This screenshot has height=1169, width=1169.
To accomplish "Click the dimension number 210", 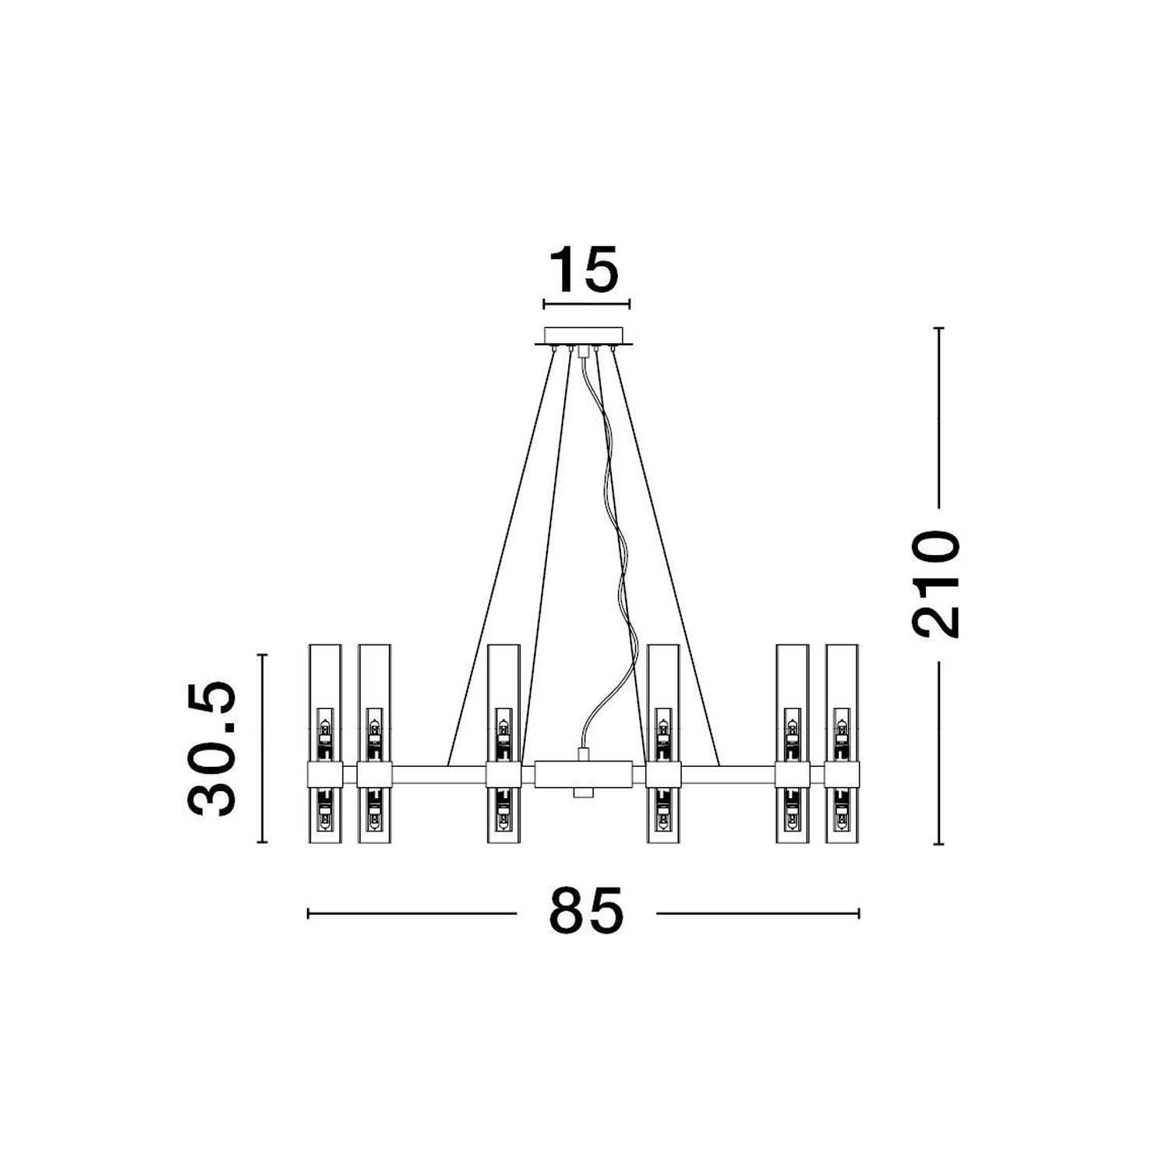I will [937, 584].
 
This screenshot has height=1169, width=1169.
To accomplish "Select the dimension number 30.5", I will [212, 748].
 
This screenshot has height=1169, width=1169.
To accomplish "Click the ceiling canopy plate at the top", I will [584, 337].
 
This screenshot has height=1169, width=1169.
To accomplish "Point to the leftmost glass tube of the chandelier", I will [325, 743].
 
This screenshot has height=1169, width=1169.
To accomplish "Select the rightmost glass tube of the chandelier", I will [842, 743].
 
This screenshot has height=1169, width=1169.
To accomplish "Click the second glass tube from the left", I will [374, 743].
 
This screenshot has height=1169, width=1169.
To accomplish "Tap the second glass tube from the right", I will [793, 743].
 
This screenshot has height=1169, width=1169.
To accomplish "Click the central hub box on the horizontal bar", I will [584, 775].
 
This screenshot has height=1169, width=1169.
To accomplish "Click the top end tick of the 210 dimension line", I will [939, 328].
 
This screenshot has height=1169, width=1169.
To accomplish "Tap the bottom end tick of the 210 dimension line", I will [939, 844].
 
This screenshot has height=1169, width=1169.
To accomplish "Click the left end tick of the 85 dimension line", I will [309, 913].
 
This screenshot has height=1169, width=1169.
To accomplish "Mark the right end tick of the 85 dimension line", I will [859, 913].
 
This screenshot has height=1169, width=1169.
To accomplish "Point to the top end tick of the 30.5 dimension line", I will [262, 655].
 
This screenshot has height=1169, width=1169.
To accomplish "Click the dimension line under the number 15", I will [586, 304].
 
